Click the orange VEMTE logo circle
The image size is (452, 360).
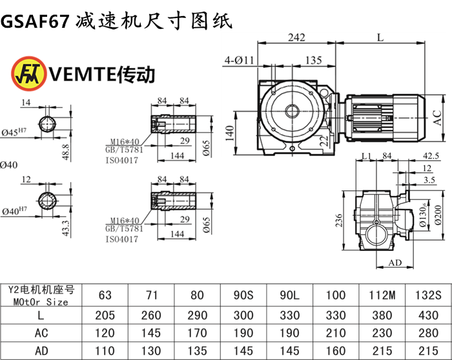(x=24, y=74)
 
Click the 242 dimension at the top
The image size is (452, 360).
(x=296, y=38)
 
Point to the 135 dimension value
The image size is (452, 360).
(x=313, y=61)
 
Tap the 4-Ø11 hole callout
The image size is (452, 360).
(x=241, y=61)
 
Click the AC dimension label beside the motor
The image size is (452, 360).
(x=437, y=117)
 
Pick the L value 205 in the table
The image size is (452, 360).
(x=105, y=315)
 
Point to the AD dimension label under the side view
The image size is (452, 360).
(x=395, y=263)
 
